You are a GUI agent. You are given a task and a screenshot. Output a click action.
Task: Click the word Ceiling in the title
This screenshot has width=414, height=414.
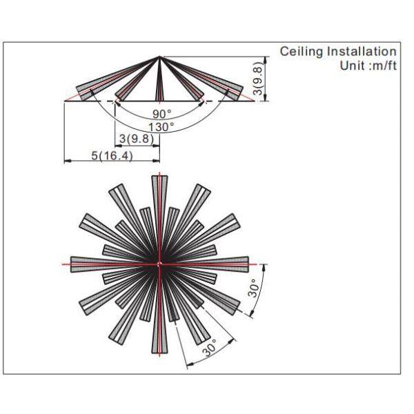302,52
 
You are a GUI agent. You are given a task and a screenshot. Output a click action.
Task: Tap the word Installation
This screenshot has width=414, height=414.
362,51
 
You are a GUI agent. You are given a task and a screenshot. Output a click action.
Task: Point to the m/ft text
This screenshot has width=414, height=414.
384,66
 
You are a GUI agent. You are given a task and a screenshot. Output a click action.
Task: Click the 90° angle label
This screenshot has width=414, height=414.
162,114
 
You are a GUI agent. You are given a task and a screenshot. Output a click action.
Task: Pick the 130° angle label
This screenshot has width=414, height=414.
161,127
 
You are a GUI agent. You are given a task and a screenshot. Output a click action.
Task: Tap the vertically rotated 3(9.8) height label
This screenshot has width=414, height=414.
258,79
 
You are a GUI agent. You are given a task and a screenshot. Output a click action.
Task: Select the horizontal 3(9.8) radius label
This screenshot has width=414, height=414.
137,139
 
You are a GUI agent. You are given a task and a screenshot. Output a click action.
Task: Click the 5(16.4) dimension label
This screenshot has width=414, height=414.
112,155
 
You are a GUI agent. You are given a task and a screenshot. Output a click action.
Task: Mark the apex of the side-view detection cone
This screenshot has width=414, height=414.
159,57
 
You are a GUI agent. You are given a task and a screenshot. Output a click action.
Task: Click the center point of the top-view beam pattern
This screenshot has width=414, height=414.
159,264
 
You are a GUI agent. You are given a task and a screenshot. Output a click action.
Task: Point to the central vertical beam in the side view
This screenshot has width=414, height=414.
159,79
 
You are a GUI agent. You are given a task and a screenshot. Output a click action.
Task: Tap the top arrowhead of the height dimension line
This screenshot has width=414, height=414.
266,59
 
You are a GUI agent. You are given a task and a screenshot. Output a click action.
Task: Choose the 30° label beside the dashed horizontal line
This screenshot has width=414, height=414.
254,288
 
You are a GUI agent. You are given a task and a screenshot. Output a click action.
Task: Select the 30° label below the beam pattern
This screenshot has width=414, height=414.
210,348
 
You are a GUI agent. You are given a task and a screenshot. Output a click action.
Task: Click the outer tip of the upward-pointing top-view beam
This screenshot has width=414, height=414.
159,176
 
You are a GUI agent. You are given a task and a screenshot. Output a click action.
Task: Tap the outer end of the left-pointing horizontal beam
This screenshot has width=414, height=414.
71,264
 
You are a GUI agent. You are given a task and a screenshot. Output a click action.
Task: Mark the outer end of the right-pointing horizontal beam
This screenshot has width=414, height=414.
248,264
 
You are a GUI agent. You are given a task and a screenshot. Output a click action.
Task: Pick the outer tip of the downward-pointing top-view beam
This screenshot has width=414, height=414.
159,353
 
